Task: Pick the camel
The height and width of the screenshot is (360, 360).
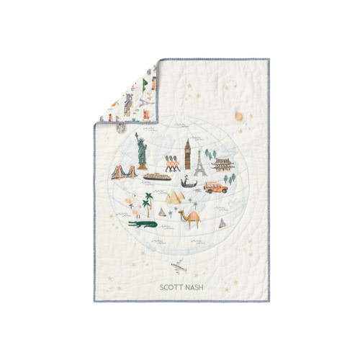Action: pos(190,217)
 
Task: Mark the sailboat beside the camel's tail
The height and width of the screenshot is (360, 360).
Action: pos(220,221)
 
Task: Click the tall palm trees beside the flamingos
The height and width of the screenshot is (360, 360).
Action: pos(147,204)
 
